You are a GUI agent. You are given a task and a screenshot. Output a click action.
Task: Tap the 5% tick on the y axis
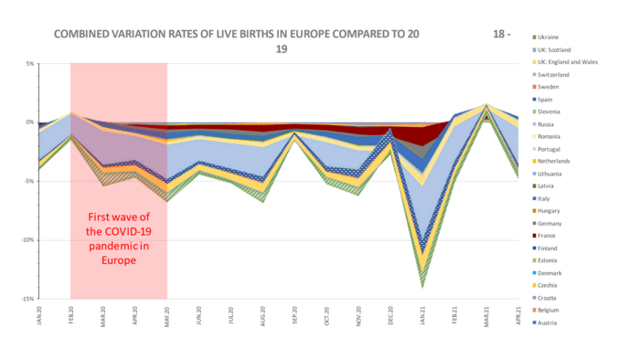pos(28,64)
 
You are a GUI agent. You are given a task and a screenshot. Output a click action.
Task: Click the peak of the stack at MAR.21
pos(486,104)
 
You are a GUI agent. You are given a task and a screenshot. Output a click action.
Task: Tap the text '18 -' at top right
pos(503,34)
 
